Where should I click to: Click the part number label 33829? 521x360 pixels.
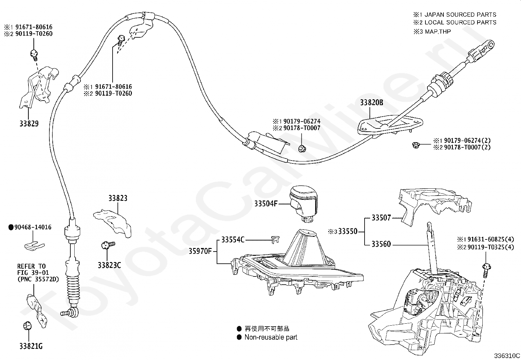(29, 123)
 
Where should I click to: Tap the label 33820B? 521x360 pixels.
(371, 103)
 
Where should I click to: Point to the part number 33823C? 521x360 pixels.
(109, 265)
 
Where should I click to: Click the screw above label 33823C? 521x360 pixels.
(108, 245)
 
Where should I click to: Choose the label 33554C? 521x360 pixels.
(233, 239)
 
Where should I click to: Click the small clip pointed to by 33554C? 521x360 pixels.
(275, 239)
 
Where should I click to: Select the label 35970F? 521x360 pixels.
(200, 251)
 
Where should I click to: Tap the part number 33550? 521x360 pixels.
(348, 231)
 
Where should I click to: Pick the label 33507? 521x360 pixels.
(381, 218)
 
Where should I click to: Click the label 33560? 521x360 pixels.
(381, 244)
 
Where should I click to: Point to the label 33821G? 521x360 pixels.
(31, 346)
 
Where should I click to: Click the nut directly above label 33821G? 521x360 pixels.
(27, 326)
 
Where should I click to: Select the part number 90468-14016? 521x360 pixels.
(33, 227)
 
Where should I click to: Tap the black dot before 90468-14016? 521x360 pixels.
(11, 227)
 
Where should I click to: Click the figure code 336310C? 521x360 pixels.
(507, 355)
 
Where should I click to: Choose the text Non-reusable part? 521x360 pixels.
(271, 337)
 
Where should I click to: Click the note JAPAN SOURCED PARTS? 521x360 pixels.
(460, 15)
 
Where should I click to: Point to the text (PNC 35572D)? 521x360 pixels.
(38, 279)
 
